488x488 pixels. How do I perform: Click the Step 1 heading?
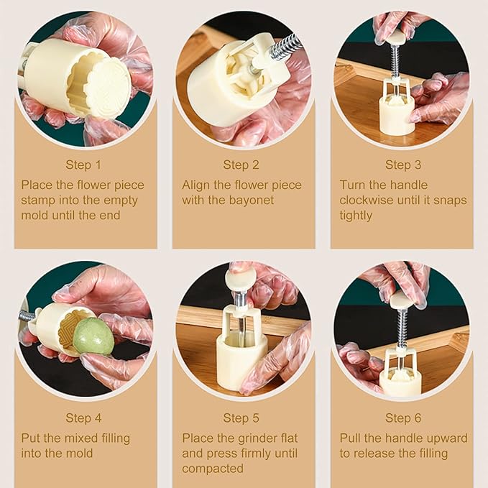click(x=83, y=165)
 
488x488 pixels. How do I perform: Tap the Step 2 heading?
click(x=241, y=165)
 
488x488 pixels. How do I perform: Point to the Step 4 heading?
click(x=83, y=418)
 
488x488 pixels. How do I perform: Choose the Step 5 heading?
click(x=241, y=418)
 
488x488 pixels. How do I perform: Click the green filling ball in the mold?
click(x=93, y=336)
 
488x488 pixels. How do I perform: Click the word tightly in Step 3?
click(x=356, y=216)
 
